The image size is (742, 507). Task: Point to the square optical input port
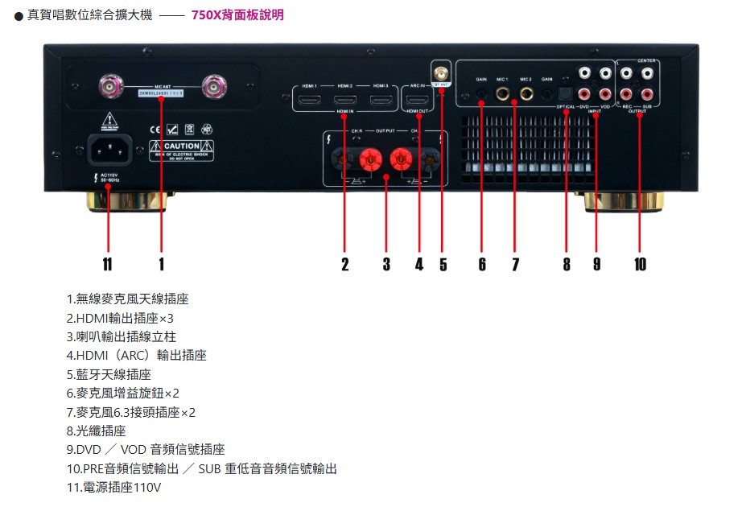[x=567, y=94]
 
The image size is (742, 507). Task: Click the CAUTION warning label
[x=181, y=148]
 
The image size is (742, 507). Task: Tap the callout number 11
[x=107, y=264]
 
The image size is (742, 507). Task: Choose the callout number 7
[x=515, y=264]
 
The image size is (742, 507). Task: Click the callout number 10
[x=640, y=264]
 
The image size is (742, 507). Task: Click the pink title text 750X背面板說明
[x=237, y=15]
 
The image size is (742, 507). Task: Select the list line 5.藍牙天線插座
[x=109, y=374]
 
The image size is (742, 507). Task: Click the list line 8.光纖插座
[x=97, y=431]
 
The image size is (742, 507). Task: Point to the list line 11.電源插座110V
[x=114, y=487]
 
